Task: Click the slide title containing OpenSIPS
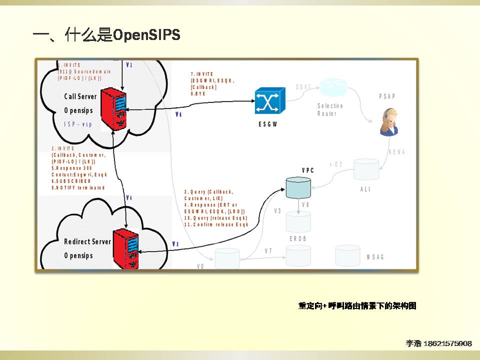(106, 35)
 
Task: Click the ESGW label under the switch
(268, 124)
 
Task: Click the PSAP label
(386, 96)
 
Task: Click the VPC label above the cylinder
(308, 170)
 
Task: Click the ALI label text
(365, 189)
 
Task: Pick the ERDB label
(298, 239)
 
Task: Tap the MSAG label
(375, 257)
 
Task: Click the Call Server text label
(80, 96)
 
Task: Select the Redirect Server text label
(87, 241)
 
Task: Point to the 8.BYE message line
(199, 93)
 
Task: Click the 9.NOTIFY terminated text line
(78, 187)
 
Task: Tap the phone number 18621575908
(447, 343)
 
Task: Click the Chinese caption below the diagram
(357, 306)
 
